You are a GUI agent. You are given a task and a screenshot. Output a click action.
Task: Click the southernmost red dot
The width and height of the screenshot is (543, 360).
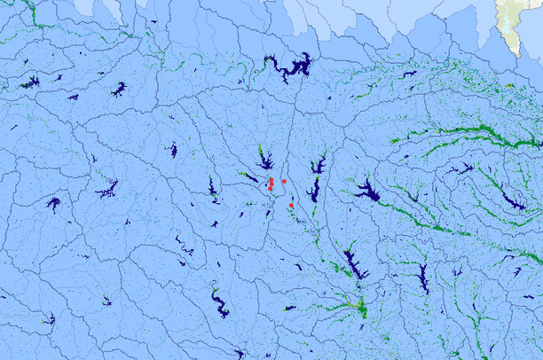click(x=291, y=206)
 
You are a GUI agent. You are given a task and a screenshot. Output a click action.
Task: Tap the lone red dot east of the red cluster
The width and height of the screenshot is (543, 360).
click(x=284, y=182)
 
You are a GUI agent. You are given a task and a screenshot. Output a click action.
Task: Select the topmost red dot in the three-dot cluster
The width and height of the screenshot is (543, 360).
click(x=271, y=180)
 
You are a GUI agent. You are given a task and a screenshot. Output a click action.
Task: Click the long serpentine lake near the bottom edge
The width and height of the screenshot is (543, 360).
click(x=218, y=303)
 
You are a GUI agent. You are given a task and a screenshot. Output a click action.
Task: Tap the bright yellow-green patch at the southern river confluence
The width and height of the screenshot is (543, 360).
click(x=360, y=308)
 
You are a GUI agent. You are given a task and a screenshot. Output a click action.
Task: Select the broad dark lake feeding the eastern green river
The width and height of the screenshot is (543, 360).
click(x=366, y=192)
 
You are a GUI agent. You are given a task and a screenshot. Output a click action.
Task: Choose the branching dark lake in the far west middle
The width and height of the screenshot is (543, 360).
click(x=108, y=189)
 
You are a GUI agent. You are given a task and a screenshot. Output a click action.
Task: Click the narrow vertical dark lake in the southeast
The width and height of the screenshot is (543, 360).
click(x=423, y=278)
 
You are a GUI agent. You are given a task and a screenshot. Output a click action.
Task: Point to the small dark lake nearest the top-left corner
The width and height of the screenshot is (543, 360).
click(x=30, y=82)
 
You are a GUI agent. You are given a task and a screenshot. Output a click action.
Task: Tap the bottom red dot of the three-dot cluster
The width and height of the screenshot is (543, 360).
click(x=270, y=188)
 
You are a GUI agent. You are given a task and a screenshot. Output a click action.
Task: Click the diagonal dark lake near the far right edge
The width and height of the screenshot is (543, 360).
click(x=513, y=202)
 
